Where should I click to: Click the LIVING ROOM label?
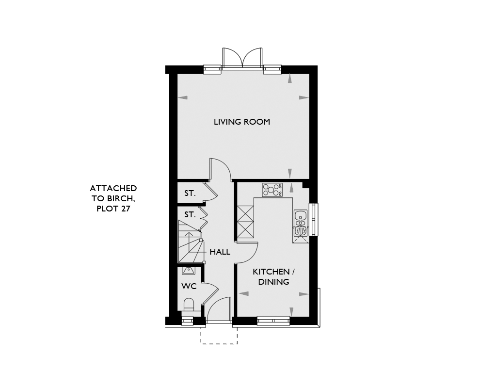[x=241, y=122]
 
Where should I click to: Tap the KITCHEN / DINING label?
[x=274, y=276]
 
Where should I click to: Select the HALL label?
[x=220, y=252]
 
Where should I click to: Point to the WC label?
[x=189, y=286]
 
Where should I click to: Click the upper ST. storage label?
[x=190, y=193]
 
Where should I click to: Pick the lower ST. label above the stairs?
[x=190, y=215]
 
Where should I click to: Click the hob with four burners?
[x=272, y=190]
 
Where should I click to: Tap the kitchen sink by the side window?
[x=301, y=223]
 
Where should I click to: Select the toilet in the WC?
[x=189, y=305]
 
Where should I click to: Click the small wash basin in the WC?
[x=188, y=270]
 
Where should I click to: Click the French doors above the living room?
[x=242, y=57]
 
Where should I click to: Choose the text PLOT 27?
[x=113, y=209]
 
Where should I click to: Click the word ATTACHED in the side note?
[x=113, y=188]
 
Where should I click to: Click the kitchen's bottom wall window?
[x=273, y=321]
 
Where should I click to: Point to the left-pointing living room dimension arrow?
[x=182, y=98]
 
